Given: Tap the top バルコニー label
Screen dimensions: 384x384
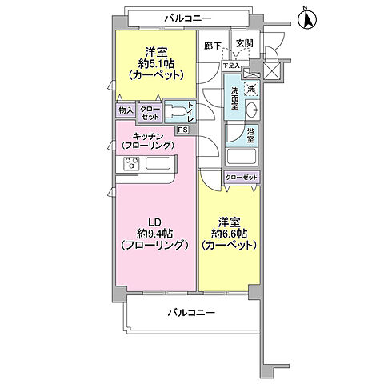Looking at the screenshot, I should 189,17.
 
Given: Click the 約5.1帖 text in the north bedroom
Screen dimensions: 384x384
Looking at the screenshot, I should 156,63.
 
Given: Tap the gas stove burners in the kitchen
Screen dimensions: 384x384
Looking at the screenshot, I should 132,164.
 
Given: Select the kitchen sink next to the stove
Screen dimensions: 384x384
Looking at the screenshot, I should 157,164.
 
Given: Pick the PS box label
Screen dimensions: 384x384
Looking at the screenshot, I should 182,130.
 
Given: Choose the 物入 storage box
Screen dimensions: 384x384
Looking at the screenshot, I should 126,110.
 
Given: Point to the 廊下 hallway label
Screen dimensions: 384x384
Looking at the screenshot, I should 212,46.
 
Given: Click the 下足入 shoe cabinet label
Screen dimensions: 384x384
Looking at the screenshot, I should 231,66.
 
